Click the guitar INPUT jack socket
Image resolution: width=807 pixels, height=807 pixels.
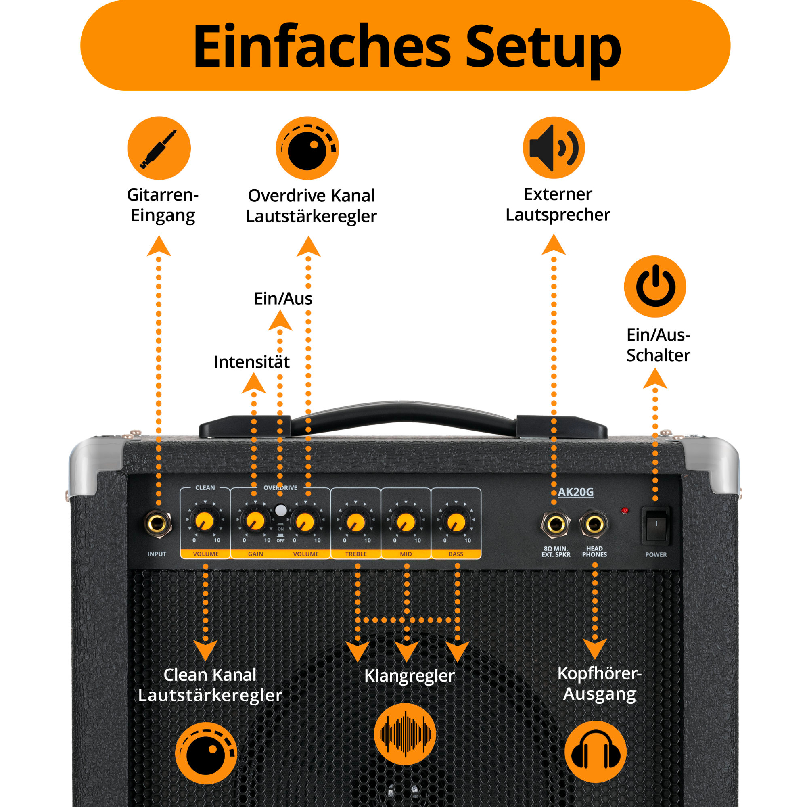pyautogui.click(x=157, y=523)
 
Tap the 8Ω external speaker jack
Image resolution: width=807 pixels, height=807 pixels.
pyautogui.click(x=556, y=524)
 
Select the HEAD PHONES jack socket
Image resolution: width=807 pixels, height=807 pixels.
pyautogui.click(x=594, y=524)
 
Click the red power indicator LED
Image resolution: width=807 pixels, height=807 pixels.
pyautogui.click(x=625, y=510)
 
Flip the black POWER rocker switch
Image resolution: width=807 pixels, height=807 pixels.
pyautogui.click(x=656, y=525)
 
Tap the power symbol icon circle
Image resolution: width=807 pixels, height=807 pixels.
pyautogui.click(x=655, y=286)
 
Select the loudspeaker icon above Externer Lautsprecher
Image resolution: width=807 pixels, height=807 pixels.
pyautogui.click(x=554, y=148)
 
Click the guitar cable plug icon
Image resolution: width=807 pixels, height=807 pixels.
pyautogui.click(x=159, y=148)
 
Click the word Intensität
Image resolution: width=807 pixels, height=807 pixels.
pyautogui.click(x=251, y=362)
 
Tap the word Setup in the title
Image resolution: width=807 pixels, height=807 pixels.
pyautogui.click(x=543, y=47)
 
